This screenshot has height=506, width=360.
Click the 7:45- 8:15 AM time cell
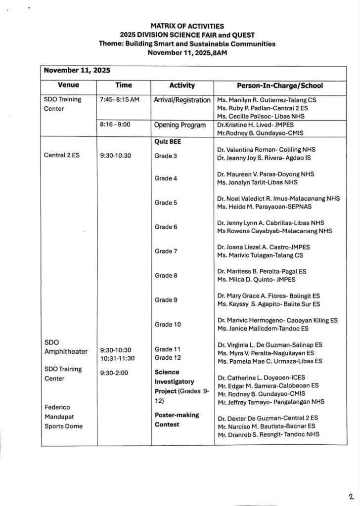pyautogui.click(x=119, y=99)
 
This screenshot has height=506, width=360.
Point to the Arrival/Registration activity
pyautogui.click(x=182, y=100)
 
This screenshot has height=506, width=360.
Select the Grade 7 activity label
pyautogui.click(x=166, y=251)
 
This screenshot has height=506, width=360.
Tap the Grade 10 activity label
pyautogui.click(x=168, y=325)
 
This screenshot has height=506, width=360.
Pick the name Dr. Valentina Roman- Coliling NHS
pyautogui.click(x=266, y=149)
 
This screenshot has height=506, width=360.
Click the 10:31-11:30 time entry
pyautogui.click(x=117, y=358)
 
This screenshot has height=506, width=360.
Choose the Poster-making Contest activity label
pyautogui.click(x=177, y=420)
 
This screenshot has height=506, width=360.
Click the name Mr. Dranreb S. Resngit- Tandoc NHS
pyautogui.click(x=268, y=434)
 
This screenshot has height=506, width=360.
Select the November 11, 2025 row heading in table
pyautogui.click(x=77, y=70)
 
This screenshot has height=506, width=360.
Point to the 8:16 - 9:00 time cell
pyautogui.click(x=114, y=125)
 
